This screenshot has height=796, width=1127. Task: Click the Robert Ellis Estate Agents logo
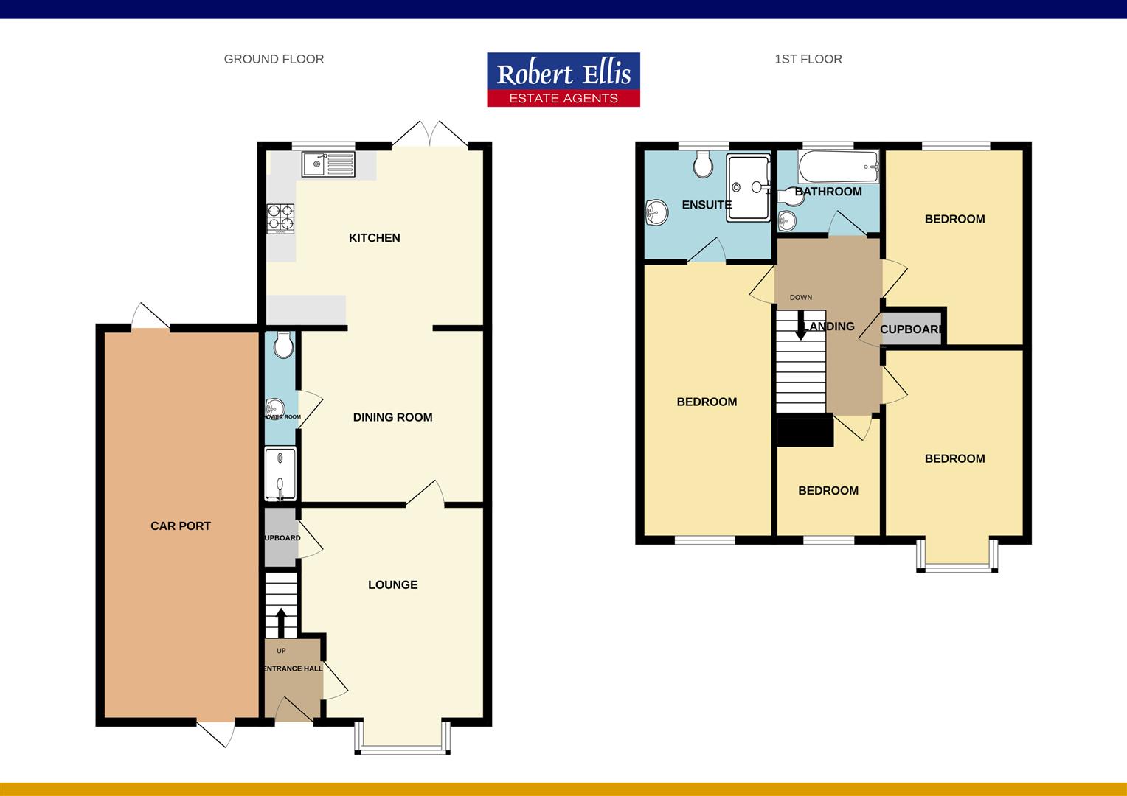coord(563,80)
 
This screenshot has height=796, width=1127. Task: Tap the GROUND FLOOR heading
coord(274,59)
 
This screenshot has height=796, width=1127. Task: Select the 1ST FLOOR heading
coord(808,59)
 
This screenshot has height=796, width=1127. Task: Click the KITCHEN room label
coord(374,237)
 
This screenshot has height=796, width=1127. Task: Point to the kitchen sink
coord(328,164)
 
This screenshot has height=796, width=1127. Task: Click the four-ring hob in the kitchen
coord(280,218)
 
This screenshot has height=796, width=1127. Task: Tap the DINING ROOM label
coord(392,417)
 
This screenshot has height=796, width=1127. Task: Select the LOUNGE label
coord(392,584)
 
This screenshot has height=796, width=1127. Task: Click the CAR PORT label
coord(181,526)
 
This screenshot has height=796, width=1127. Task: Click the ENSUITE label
coord(706,205)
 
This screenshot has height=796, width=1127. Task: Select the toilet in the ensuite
coord(704,165)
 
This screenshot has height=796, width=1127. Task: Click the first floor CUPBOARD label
coord(912,329)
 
